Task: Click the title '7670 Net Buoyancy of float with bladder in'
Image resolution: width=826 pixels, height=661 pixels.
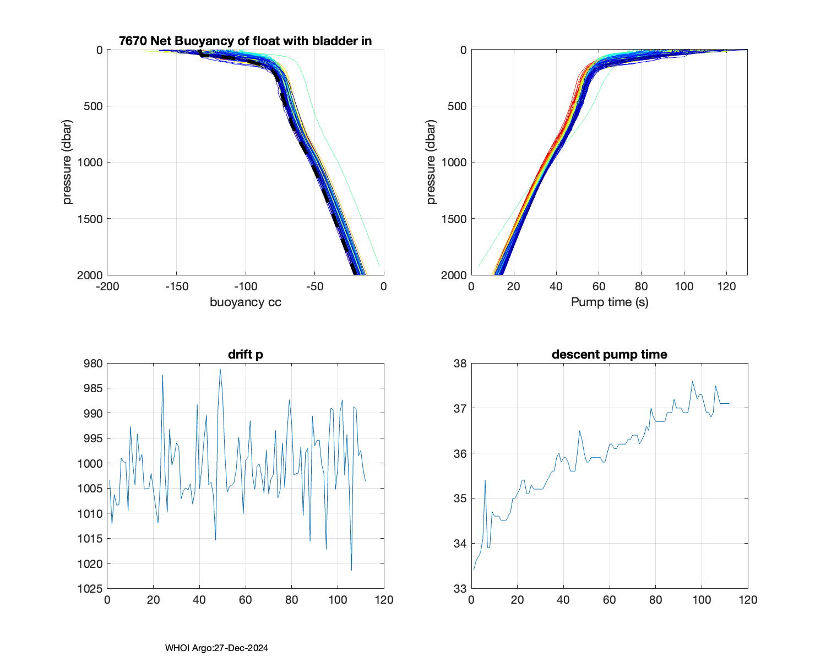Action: point(245,41)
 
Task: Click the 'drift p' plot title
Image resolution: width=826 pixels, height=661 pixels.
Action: point(245,354)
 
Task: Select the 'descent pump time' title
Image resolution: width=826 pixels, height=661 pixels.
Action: point(609,354)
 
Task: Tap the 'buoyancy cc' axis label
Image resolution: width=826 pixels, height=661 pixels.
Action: point(245,302)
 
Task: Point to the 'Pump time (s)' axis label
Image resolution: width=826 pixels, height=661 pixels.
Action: point(609,302)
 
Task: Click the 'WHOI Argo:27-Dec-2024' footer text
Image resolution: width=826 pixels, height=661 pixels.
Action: point(216,648)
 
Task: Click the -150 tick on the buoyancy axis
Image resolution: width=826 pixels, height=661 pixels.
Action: point(176,286)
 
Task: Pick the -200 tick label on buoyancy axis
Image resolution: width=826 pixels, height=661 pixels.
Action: point(107,286)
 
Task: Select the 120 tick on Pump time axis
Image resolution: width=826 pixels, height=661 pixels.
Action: point(726,286)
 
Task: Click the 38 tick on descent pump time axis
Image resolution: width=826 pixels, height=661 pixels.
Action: point(460,364)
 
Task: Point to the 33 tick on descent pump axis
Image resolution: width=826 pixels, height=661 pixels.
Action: point(460,589)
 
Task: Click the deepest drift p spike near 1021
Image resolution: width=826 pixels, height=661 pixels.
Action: point(351,570)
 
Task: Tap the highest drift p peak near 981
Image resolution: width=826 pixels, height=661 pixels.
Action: point(220,369)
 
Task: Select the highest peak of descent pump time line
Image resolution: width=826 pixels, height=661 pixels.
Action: point(692,381)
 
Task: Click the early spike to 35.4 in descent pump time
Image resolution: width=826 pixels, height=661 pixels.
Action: point(485,480)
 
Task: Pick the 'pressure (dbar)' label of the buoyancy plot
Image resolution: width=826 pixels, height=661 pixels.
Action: point(67,162)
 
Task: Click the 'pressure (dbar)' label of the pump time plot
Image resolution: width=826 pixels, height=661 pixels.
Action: point(431,162)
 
